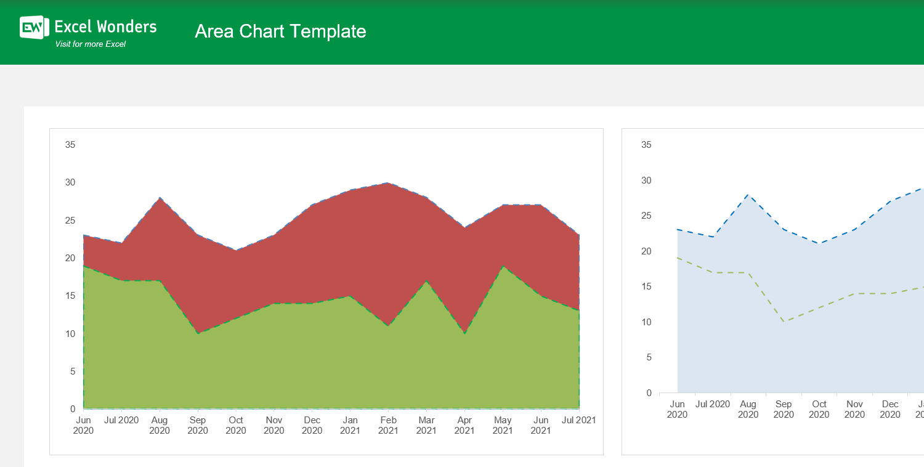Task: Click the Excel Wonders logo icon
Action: [x=34, y=27]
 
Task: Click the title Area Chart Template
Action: [x=280, y=31]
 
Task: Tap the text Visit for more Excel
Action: [x=91, y=44]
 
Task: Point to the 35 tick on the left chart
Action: [x=70, y=145]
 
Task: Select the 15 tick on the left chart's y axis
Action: [x=70, y=296]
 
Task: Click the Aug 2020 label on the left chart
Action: [x=160, y=425]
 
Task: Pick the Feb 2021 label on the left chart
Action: [x=388, y=425]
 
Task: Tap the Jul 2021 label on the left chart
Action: [x=578, y=420]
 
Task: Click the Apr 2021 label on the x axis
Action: [x=464, y=425]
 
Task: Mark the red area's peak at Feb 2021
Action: [x=387, y=184]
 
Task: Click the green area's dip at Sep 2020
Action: [x=198, y=333]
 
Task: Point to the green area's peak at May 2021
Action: [x=503, y=266]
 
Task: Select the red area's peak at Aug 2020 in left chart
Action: [x=160, y=198]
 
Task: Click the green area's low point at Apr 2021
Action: [x=464, y=333]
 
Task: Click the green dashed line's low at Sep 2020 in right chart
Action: [x=784, y=322]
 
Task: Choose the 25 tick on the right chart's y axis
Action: [x=646, y=216]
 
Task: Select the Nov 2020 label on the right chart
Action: [x=854, y=409]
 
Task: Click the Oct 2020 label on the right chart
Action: [x=819, y=409]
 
